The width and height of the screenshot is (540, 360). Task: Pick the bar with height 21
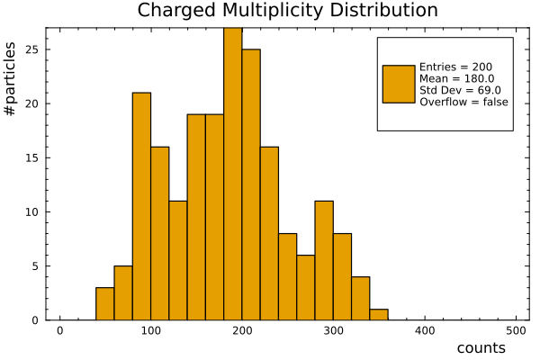coord(141,206)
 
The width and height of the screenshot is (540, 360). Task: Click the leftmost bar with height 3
coord(104,304)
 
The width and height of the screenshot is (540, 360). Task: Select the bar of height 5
coord(123,293)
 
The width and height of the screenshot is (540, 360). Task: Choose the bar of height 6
coord(306,288)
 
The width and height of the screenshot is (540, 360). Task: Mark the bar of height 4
coord(360,299)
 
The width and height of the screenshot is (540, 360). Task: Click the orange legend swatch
coord(399,84)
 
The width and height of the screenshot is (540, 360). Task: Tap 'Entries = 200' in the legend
coord(455,67)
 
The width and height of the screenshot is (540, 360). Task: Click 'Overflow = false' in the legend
coord(463,102)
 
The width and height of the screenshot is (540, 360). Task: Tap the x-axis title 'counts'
coord(481,348)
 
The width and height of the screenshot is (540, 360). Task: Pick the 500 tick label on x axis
coord(516,331)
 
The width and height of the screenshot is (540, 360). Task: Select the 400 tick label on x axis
coord(425,331)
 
